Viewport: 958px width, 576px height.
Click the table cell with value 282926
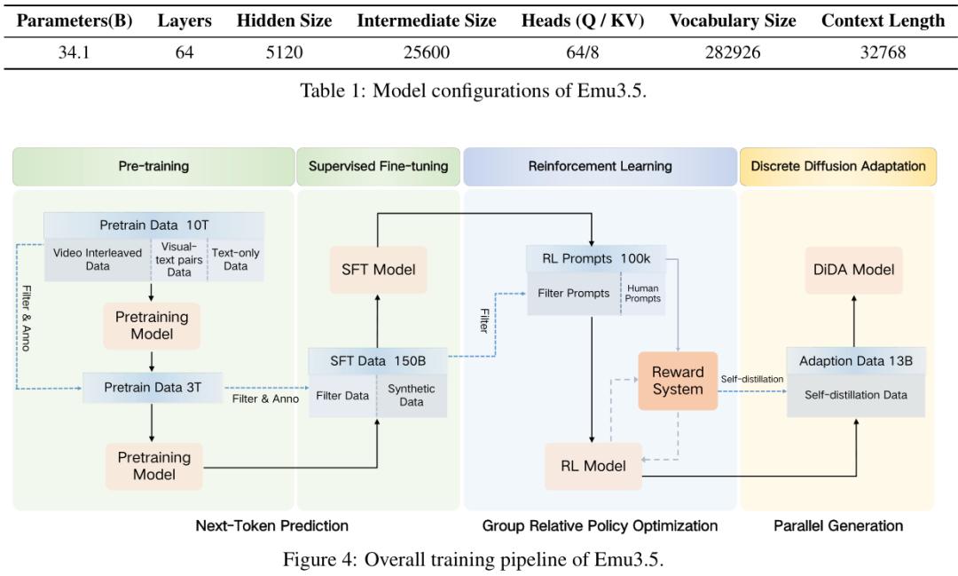[x=733, y=52]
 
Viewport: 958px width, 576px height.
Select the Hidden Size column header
[x=284, y=20]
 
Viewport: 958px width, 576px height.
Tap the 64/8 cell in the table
[x=582, y=52]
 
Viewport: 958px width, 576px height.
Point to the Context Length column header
[x=883, y=20]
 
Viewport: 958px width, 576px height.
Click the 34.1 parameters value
[x=74, y=52]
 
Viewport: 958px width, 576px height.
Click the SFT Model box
[x=378, y=270]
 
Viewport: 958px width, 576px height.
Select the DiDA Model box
[x=853, y=270]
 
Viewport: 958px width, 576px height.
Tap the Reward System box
[x=678, y=381]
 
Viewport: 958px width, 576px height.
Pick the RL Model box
[x=593, y=466]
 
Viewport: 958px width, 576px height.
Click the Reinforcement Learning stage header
[x=600, y=166]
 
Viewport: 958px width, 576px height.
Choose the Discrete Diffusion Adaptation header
[x=838, y=166]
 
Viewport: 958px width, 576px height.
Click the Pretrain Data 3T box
[x=153, y=388]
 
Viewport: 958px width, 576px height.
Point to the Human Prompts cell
[x=643, y=294]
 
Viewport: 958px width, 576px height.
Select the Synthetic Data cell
[x=412, y=396]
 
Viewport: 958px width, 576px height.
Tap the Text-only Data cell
[x=236, y=260]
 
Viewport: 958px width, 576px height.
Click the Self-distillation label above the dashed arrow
[x=751, y=379]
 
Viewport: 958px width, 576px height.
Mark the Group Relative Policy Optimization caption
[x=600, y=526]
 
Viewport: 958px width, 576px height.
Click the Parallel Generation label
[x=838, y=526]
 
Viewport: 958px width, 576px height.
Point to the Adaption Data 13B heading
[x=856, y=361]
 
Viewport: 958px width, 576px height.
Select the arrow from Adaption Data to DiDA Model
[x=854, y=321]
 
